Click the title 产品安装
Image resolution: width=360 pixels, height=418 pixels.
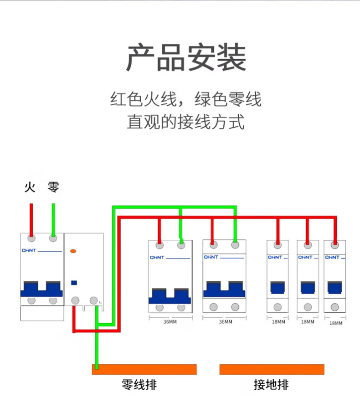186,57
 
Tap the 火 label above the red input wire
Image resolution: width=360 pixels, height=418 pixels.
30,187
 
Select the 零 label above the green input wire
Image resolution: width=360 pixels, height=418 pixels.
53,187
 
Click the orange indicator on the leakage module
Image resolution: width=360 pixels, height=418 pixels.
73,251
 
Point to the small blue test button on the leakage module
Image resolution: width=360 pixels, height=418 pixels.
74,283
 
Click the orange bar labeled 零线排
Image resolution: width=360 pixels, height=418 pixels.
144,369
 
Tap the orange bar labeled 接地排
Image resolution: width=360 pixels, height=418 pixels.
272,369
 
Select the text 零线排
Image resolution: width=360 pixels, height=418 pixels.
139,385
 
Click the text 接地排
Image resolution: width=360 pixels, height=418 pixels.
271,385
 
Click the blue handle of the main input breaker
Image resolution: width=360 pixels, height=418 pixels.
41,289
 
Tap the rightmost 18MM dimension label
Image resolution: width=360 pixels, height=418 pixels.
336,323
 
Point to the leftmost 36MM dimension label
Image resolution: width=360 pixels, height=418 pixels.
170,322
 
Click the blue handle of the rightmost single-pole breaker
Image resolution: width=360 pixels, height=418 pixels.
334,288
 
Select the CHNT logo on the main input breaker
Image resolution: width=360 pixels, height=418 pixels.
29,250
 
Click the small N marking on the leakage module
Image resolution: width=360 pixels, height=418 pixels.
100,303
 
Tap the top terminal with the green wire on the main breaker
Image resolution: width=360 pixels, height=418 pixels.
53,238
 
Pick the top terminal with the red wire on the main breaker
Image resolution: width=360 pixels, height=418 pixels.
31,238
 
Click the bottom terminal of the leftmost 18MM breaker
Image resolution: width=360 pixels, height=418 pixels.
278,307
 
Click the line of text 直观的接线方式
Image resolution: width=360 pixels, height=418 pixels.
186,122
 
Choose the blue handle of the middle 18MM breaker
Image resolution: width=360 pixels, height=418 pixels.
308,288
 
